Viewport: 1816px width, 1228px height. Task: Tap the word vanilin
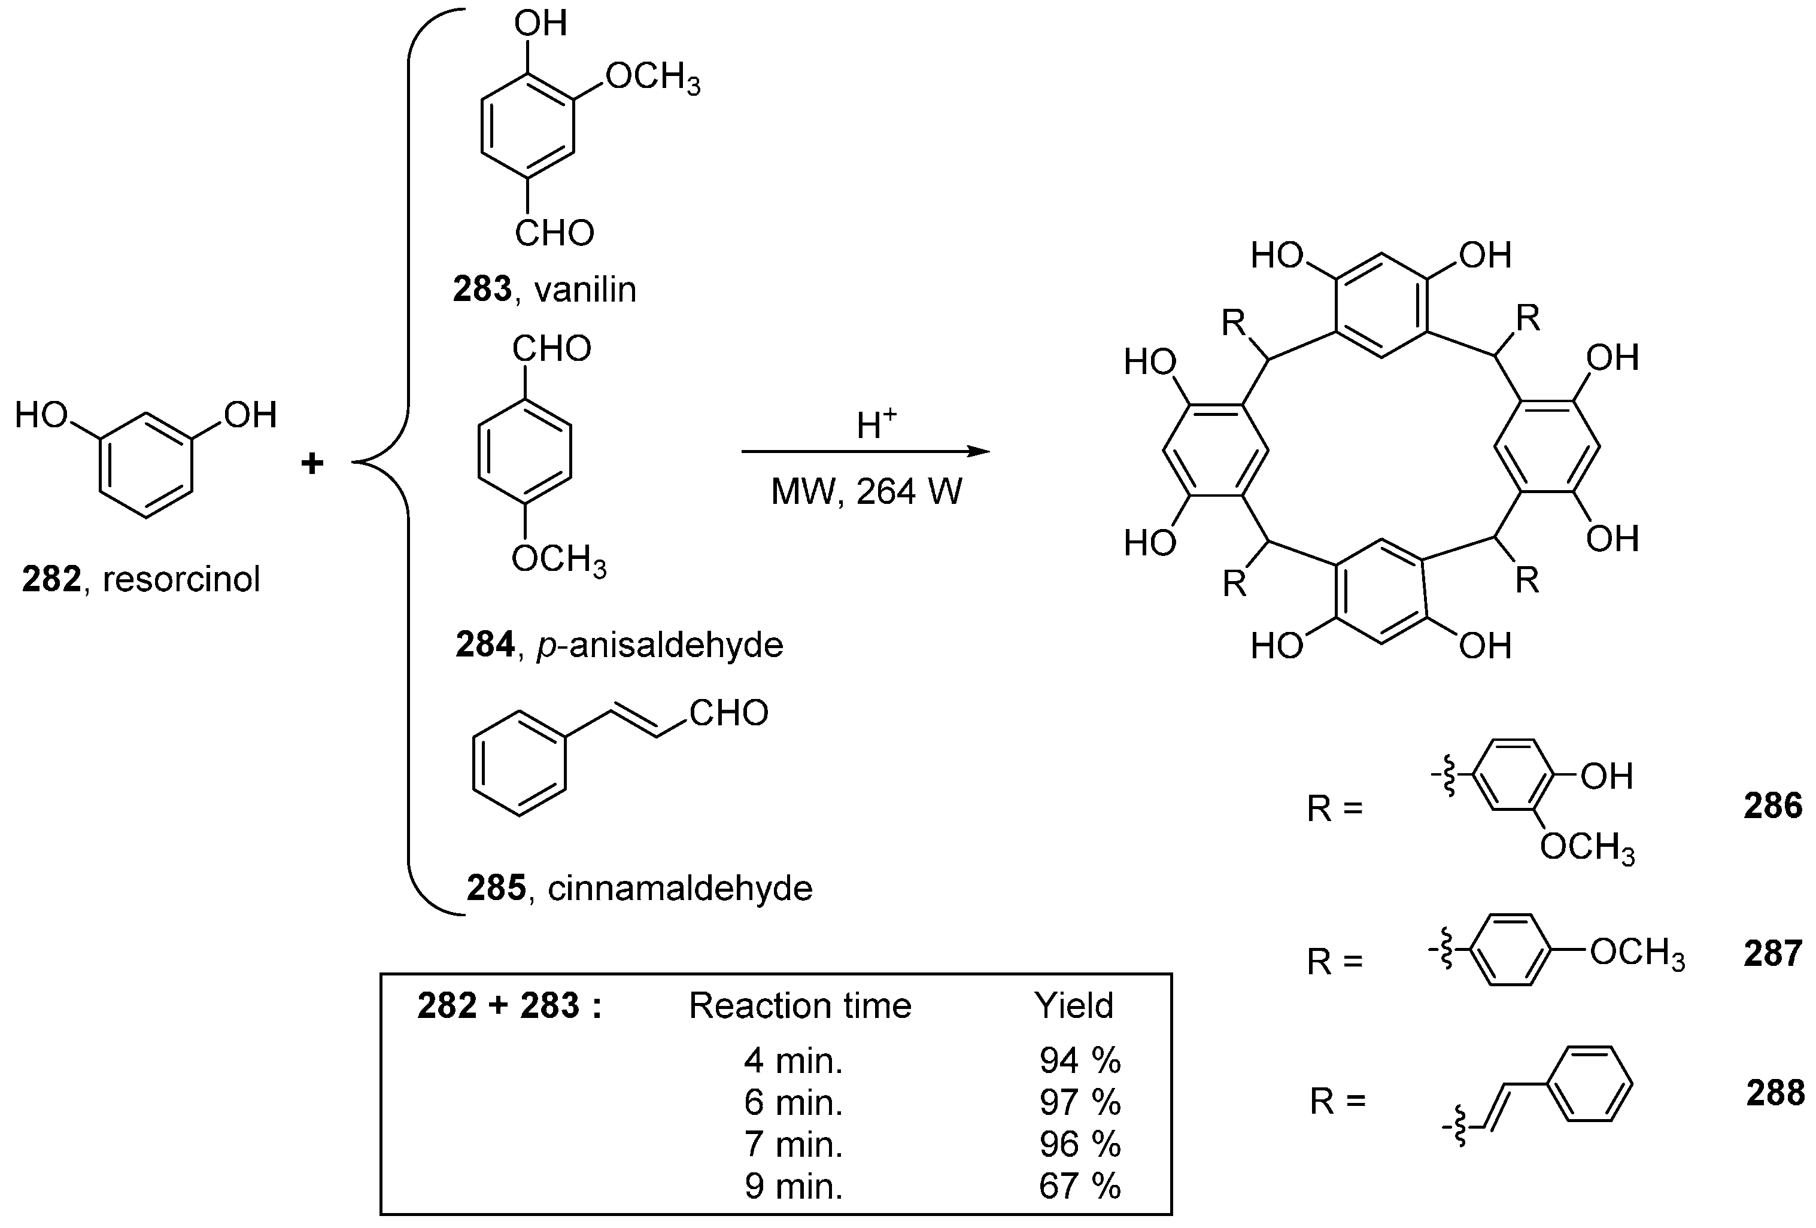[x=585, y=290]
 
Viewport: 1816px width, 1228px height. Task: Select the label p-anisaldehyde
[x=659, y=645]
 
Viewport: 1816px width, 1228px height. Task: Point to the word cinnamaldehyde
[x=680, y=888]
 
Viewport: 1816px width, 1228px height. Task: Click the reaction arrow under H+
[x=864, y=451]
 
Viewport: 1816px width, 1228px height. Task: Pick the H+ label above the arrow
[x=875, y=424]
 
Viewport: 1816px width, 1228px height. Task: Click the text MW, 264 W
[x=867, y=492]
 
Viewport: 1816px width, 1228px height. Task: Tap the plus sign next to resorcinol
[x=312, y=463]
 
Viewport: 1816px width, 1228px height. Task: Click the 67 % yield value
[x=1080, y=1186]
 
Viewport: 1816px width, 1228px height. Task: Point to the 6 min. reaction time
[x=793, y=1102]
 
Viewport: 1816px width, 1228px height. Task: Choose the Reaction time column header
[x=800, y=1006]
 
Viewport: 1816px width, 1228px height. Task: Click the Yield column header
[x=1074, y=1006]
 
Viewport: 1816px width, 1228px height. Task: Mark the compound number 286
[x=1772, y=806]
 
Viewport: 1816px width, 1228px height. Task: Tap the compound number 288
[x=1775, y=1093]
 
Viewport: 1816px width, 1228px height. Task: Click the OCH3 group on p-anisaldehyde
[x=558, y=560]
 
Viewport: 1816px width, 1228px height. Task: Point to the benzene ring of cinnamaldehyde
[x=519, y=763]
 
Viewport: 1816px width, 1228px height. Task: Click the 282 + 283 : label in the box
[x=509, y=1006]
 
